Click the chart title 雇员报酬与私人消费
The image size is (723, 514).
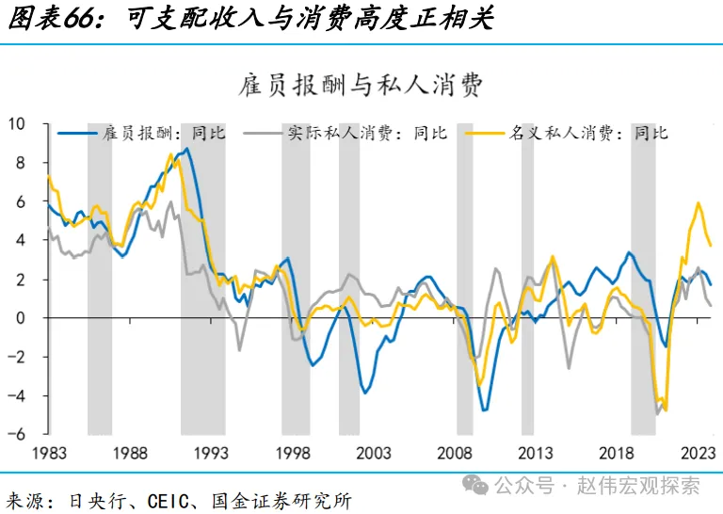pyautogui.click(x=361, y=86)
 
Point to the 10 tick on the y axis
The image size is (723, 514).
pyautogui.click(x=18, y=123)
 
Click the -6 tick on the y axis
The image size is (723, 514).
pyautogui.click(x=18, y=434)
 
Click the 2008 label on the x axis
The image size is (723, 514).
pyautogui.click(x=456, y=453)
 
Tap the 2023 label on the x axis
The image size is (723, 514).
pyautogui.click(x=699, y=453)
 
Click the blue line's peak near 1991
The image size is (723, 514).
pyautogui.click(x=187, y=149)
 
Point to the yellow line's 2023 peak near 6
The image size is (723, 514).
pyautogui.click(x=698, y=203)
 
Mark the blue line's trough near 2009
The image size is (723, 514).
pyautogui.click(x=484, y=410)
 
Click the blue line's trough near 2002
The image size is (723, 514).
pyautogui.click(x=365, y=391)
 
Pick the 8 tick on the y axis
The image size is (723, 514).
pyautogui.click(x=22, y=163)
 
